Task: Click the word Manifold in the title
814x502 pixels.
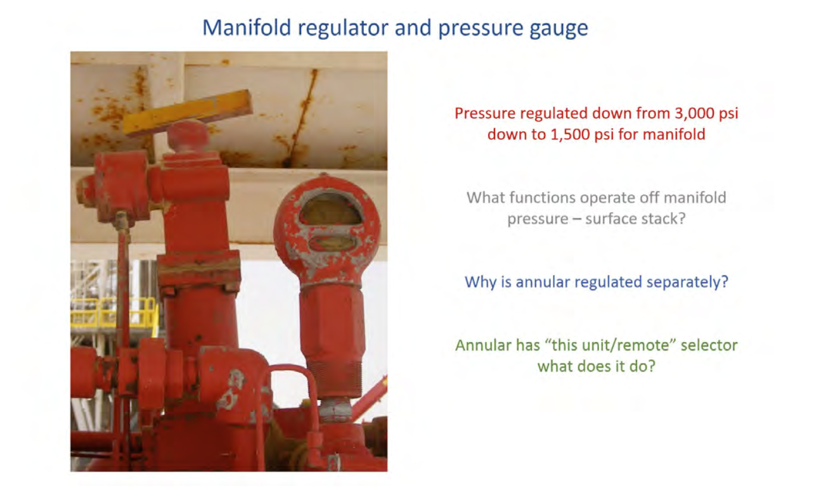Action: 247,28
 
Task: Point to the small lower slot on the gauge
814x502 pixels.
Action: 332,243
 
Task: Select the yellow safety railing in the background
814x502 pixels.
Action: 113,312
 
